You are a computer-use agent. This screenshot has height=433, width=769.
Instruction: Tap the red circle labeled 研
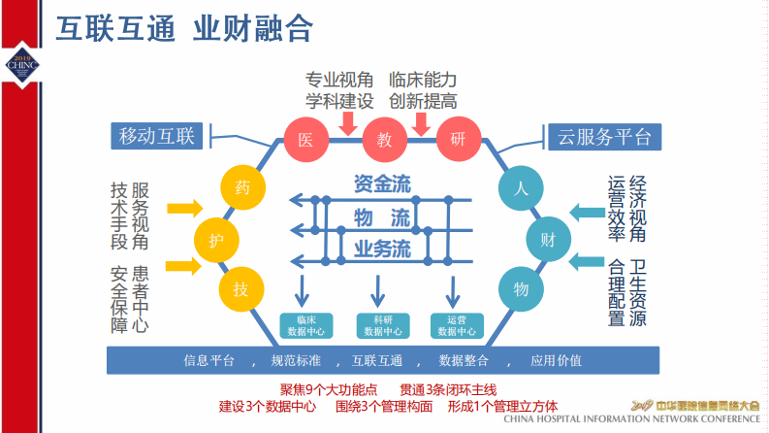point(458,140)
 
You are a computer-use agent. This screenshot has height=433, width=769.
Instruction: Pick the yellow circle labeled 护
point(216,237)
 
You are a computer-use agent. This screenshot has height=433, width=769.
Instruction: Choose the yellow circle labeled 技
point(240,287)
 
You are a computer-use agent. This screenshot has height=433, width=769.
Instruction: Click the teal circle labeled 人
point(520,187)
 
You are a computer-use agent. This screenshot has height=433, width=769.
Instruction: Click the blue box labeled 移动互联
point(157,137)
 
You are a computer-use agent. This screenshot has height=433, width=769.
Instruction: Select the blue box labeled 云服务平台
point(604,137)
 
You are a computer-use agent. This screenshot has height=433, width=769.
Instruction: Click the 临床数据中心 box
point(306,325)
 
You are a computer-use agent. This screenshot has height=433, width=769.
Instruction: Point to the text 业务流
point(381,249)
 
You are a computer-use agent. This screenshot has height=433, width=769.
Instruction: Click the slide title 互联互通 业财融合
point(183,28)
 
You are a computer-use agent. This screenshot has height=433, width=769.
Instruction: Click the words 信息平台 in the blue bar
point(209,360)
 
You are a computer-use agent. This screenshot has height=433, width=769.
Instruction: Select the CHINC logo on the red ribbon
point(20,64)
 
